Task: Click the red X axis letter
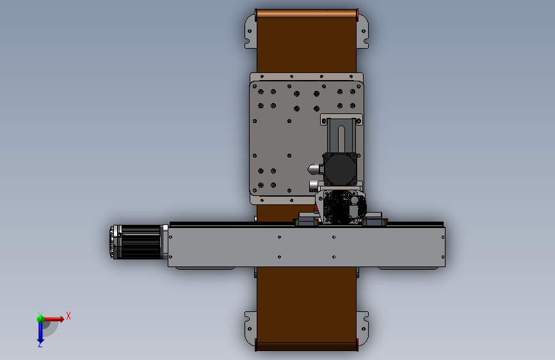pos(68,316)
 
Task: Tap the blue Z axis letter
pos(40,344)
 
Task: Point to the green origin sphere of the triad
pos(40,319)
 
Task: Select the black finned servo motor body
pos(141,242)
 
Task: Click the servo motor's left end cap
pos(116,242)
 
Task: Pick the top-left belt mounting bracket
pos(251,31)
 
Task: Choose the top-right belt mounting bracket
pos(362,31)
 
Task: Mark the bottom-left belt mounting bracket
pos(251,329)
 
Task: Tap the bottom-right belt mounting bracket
pos(362,329)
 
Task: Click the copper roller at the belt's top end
pos(307,13)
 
